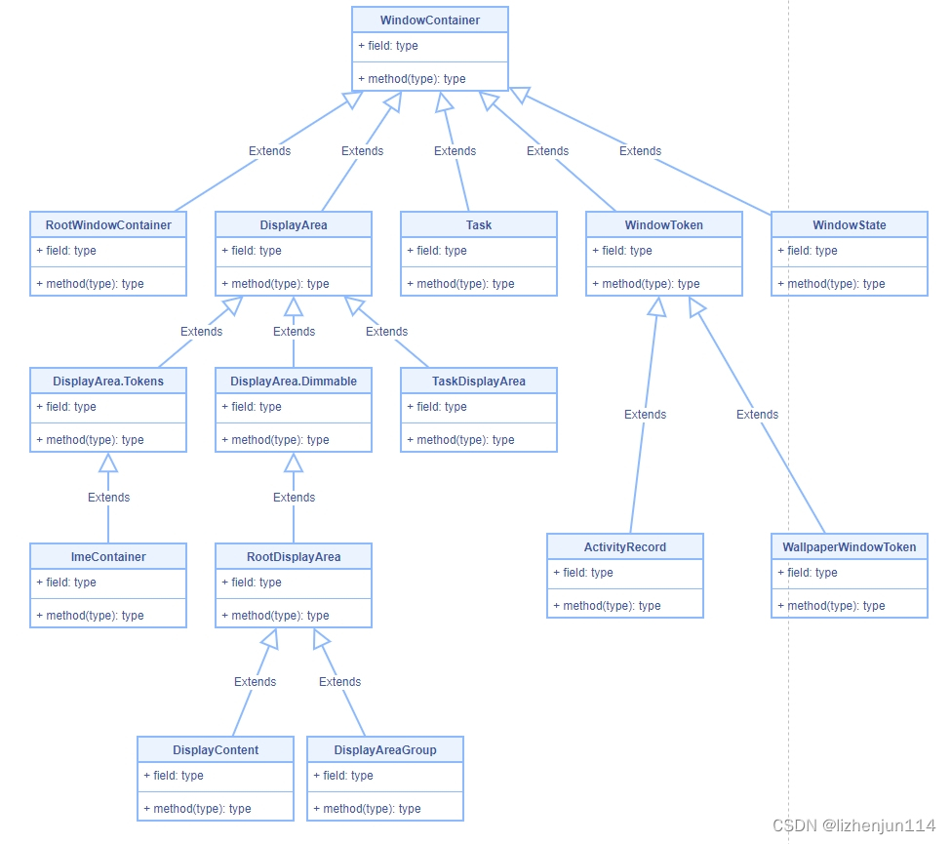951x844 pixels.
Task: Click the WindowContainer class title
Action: tap(429, 20)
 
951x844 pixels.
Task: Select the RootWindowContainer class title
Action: tap(108, 225)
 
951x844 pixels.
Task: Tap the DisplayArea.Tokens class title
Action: tap(108, 382)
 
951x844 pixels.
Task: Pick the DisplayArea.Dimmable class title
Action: tap(294, 382)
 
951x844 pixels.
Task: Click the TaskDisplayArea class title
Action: tap(479, 382)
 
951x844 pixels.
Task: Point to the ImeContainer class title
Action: tap(108, 557)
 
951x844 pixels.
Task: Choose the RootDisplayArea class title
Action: tap(294, 557)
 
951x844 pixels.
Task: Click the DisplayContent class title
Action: tap(216, 750)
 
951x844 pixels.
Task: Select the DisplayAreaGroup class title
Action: tap(385, 750)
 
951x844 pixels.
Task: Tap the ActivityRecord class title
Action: tap(624, 547)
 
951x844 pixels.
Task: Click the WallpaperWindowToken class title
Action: tap(850, 547)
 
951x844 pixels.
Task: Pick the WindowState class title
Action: tap(850, 225)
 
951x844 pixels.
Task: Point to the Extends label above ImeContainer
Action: tap(108, 498)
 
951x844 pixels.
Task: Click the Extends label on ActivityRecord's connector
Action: tap(645, 415)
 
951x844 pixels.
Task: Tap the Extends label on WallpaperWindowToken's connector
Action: tap(757, 415)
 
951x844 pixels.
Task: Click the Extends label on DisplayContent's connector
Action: tap(255, 682)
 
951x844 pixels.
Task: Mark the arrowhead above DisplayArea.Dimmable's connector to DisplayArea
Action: tap(294, 306)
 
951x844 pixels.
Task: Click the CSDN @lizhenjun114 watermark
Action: tap(853, 825)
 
